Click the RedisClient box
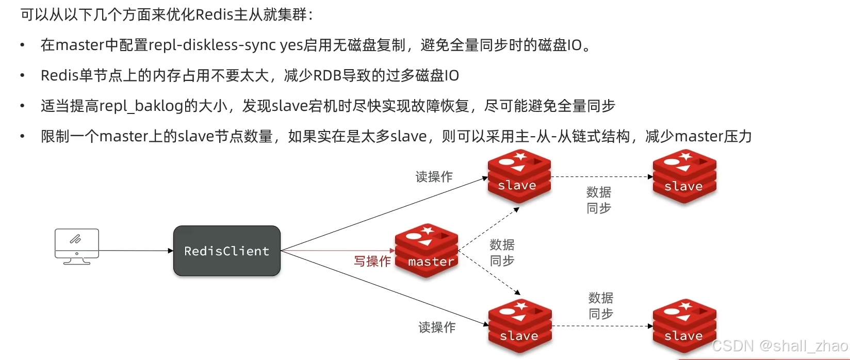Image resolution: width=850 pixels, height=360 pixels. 227,251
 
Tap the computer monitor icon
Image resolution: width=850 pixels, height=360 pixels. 77,246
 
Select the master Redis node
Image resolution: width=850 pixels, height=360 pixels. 427,250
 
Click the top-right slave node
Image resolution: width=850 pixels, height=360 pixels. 684,176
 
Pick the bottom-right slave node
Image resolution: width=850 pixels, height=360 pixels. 684,326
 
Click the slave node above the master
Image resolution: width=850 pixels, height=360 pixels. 519,176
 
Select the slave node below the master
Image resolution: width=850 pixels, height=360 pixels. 520,326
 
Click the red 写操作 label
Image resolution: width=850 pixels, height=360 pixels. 372,261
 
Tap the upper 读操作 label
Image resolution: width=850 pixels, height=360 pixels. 434,177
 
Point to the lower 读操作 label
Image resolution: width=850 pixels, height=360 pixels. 437,327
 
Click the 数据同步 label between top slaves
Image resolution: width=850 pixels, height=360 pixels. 599,200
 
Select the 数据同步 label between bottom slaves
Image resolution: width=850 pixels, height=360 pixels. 601,306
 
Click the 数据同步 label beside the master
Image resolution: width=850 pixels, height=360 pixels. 502,253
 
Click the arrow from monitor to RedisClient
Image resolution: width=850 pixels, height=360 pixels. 136,251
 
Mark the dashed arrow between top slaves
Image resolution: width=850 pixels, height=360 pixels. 601,176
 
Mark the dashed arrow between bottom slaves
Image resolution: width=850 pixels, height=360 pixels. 601,326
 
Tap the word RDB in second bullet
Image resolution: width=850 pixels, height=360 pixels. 328,76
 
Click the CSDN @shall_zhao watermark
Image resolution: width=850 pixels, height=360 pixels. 779,346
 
